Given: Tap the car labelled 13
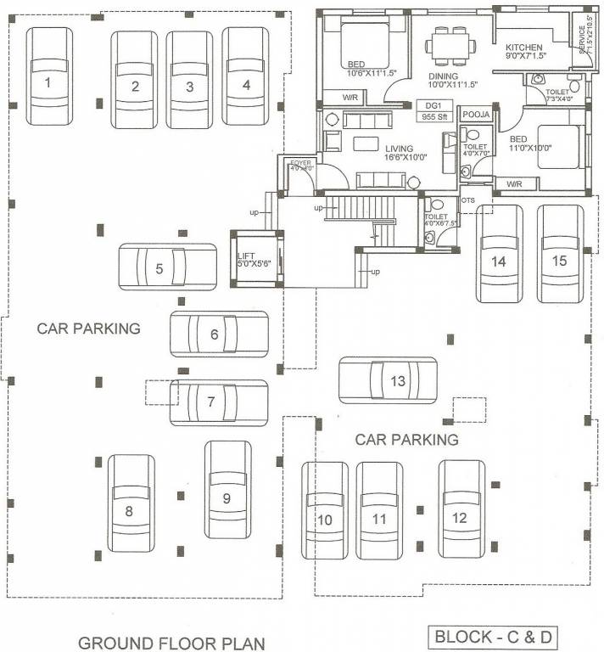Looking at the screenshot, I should coord(389,380).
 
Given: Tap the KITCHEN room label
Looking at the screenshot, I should coord(523,48).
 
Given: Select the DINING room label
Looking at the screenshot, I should coord(444,76).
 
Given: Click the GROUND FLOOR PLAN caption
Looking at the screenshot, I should coord(171,642).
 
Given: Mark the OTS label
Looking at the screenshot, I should coord(468,200).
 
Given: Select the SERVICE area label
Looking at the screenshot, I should coord(583,37).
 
